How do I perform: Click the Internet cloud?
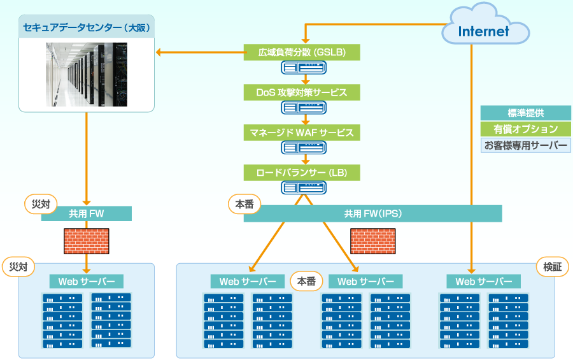484,30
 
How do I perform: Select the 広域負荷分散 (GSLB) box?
302,52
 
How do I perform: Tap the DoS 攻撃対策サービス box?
302,92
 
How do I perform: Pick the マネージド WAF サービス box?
302,133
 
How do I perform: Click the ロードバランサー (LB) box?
302,172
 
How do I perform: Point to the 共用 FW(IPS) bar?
372,213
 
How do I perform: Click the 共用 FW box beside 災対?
87,213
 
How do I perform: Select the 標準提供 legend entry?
525,113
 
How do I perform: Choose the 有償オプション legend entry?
525,129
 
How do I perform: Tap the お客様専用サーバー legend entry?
525,145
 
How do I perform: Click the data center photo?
87,75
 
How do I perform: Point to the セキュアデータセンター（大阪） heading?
87,29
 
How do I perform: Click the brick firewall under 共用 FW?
87,241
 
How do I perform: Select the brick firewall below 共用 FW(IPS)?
372,241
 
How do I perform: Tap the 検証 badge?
552,267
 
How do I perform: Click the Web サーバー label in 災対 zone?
87,282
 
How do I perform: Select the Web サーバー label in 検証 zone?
484,282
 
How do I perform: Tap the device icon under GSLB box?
303,68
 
